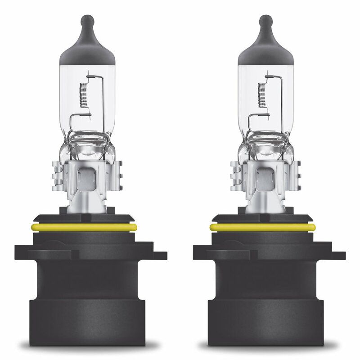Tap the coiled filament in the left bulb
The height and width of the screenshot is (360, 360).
point(82,95)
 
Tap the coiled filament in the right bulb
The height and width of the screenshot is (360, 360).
point(261,95)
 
